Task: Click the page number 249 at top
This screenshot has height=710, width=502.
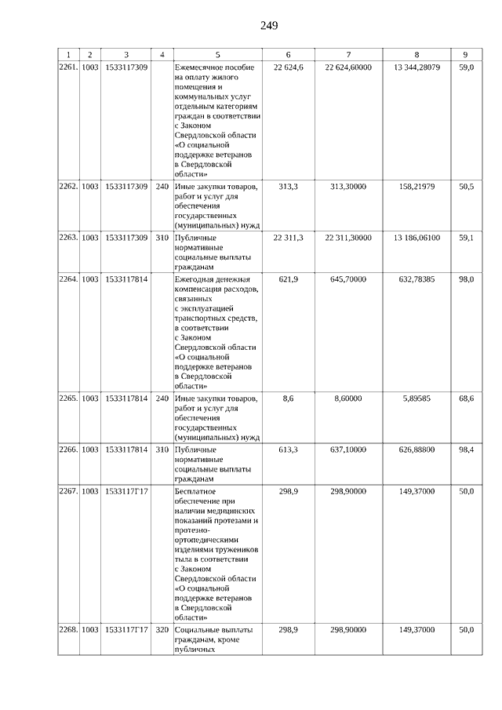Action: click(269, 25)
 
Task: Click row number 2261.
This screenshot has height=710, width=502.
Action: click(68, 67)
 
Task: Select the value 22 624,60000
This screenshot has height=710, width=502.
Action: click(347, 67)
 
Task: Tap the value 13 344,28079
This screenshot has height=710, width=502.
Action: click(416, 67)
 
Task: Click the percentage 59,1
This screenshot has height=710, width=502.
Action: click(465, 238)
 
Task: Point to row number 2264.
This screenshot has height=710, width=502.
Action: click(68, 280)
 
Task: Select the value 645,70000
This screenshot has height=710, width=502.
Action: click(347, 280)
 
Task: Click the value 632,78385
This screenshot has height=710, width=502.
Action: click(416, 280)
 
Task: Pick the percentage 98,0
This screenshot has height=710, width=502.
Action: click(465, 280)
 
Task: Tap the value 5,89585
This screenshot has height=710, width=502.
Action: click(416, 399)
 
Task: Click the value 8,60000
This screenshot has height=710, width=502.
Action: click(347, 399)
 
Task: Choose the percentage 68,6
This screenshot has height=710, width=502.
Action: click(465, 399)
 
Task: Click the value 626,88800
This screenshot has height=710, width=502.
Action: click(416, 450)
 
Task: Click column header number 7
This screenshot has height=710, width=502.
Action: click(347, 54)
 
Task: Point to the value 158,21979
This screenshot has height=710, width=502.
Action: click(416, 187)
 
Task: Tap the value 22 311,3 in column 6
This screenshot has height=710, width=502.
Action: click(288, 238)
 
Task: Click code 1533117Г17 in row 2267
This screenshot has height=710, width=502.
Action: click(126, 491)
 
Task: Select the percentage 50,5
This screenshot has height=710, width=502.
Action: click(465, 187)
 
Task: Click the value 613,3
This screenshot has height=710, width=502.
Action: click(288, 450)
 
